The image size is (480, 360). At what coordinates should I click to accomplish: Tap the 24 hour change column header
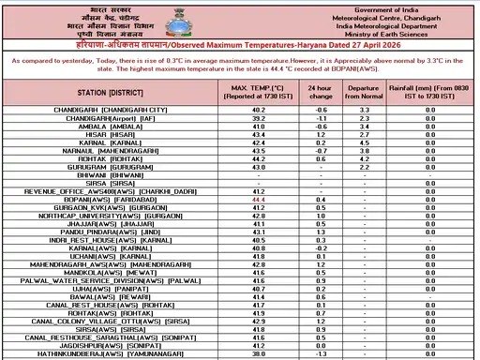(x=320, y=92)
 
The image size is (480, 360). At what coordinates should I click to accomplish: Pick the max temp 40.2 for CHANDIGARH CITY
(x=258, y=111)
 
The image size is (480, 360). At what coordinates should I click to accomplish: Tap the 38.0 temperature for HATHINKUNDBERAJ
(x=258, y=353)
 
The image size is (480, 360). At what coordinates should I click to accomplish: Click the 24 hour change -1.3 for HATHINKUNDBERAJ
(x=320, y=353)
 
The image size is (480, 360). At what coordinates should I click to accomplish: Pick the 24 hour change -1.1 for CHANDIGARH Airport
(x=320, y=119)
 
